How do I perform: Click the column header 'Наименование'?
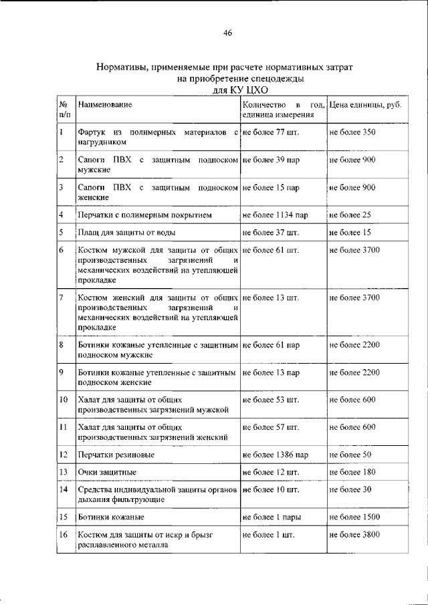[104, 106]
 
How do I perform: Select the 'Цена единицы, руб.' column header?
[365, 106]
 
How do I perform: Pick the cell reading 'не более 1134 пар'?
[275, 215]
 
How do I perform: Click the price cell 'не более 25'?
[350, 215]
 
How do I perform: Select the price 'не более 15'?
[350, 233]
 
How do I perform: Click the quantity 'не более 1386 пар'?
[275, 455]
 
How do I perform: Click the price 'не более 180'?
[352, 472]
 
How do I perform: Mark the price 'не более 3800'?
[354, 535]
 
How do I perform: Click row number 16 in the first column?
[63, 535]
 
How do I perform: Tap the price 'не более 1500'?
[354, 517]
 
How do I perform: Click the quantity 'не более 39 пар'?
[270, 160]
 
